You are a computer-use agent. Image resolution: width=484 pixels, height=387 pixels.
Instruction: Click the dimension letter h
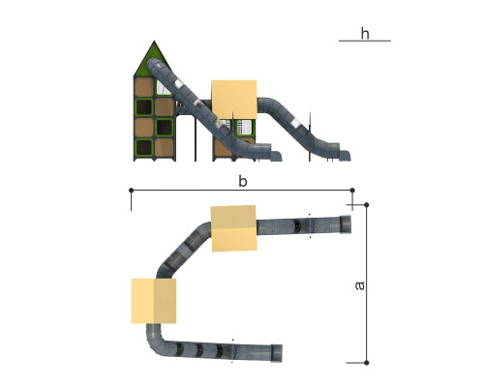coord(365,34)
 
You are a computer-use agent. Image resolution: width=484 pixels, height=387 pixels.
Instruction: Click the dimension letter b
coord(243,181)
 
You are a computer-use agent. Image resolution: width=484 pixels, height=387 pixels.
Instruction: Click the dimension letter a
coord(359,285)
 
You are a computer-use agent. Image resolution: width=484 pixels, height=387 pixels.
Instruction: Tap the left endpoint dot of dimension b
coord(131,191)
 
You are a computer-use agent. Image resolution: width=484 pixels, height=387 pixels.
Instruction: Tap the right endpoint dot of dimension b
coord(352,191)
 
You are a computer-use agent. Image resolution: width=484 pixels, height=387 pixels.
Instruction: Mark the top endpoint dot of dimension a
coord(367,205)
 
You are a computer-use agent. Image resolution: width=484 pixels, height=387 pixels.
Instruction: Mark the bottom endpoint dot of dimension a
coord(367,363)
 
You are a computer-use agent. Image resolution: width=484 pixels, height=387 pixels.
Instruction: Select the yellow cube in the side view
coord(234,100)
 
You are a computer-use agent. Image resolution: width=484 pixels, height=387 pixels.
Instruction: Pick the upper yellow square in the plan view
coord(234,228)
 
